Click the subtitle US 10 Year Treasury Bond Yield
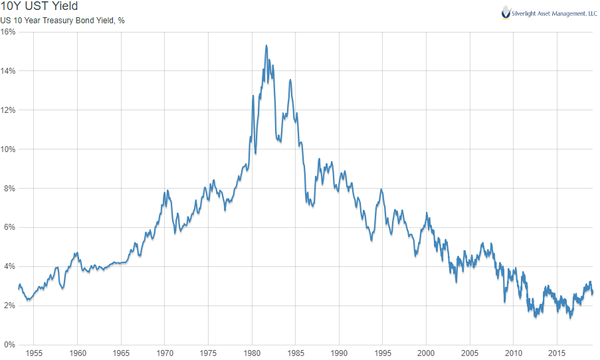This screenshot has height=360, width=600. click(x=62, y=21)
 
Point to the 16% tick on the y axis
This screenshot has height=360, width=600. click(x=8, y=32)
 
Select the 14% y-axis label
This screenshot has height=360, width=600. click(x=8, y=71)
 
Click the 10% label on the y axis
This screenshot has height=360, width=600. click(x=8, y=149)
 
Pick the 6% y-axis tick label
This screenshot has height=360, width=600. click(x=9, y=227)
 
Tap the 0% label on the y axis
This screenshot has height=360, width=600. click(x=9, y=345)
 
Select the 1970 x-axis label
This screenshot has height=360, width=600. click(x=165, y=353)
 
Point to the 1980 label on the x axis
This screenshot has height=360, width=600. click(x=252, y=353)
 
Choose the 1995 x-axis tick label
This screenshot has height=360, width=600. click(x=382, y=353)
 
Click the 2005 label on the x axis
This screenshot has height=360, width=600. click(x=469, y=353)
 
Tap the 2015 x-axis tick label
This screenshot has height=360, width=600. click(x=556, y=353)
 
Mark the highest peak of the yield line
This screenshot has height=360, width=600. click(x=266, y=46)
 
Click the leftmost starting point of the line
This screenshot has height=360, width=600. click(x=19, y=288)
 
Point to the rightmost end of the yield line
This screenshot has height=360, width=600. click(x=593, y=293)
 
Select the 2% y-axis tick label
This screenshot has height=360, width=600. click(x=9, y=306)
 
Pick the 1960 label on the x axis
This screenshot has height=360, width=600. click(x=78, y=353)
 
